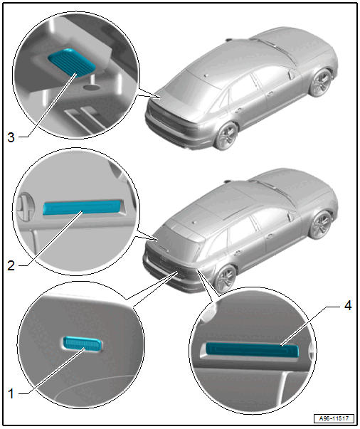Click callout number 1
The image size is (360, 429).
(x=11, y=394)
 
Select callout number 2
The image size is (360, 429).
(x=11, y=265)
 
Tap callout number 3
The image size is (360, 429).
(x=11, y=137)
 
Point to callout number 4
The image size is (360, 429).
(x=348, y=306)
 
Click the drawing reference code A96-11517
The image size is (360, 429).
(x=334, y=418)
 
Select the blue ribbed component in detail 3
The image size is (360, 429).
(x=72, y=63)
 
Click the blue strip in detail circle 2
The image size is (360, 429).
(x=82, y=207)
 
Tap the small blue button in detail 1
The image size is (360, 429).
(x=82, y=344)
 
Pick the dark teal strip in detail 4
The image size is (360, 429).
(x=252, y=350)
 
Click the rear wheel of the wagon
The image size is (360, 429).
(x=225, y=278)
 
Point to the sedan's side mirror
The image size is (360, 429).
(x=291, y=75)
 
